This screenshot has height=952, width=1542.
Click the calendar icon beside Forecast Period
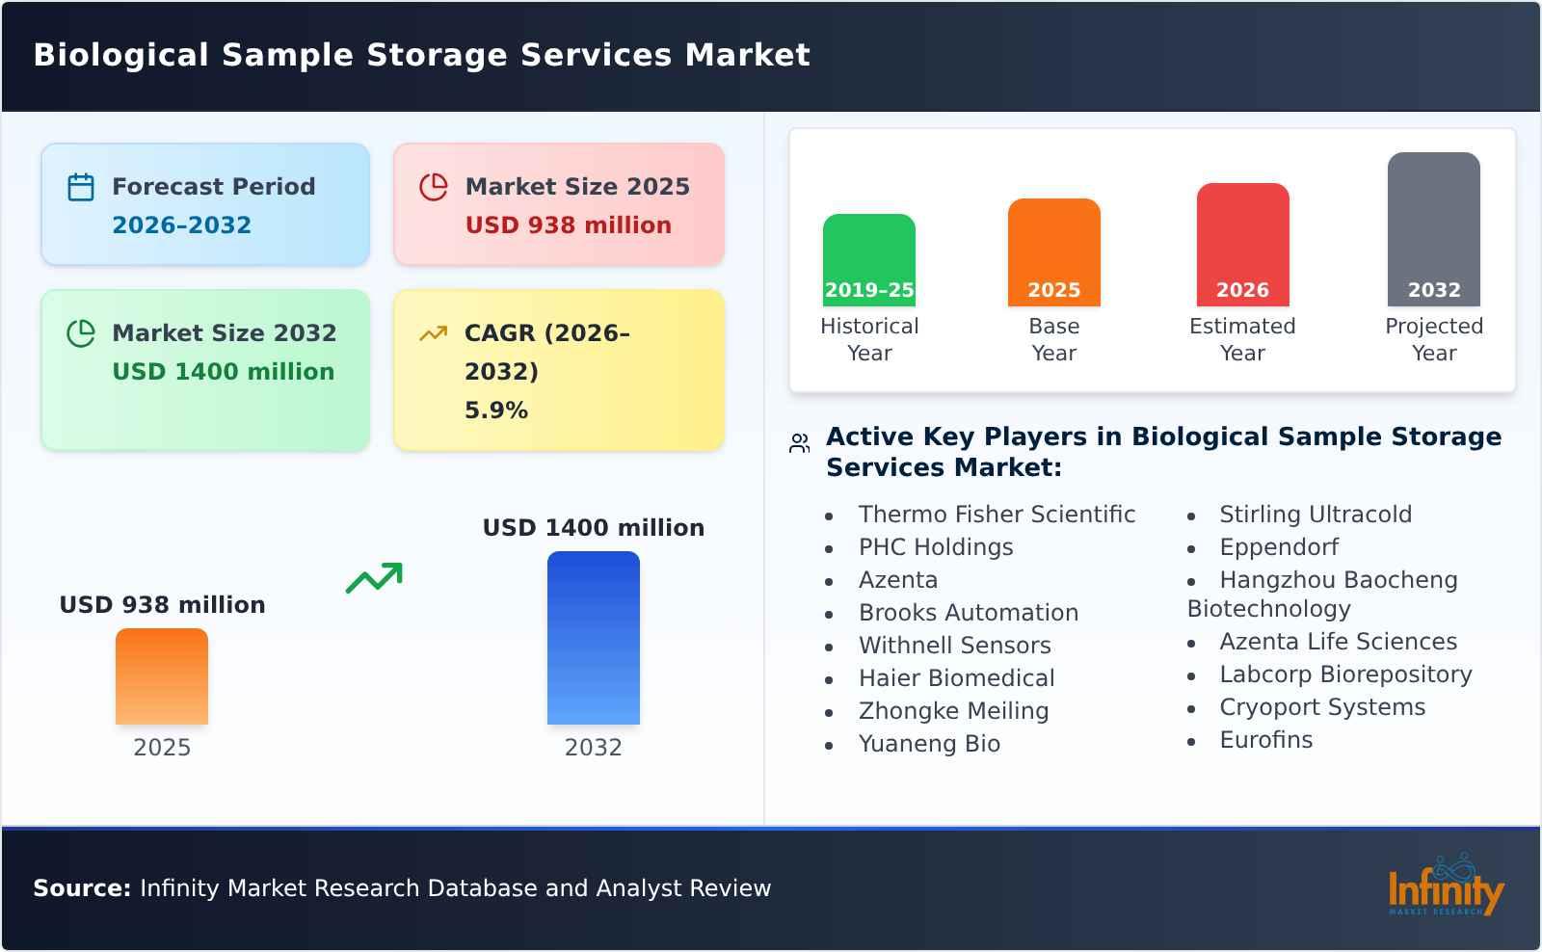[81, 187]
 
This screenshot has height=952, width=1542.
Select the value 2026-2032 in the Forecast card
[181, 225]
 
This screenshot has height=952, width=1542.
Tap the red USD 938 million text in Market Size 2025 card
[568, 225]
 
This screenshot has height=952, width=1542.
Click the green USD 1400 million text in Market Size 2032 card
[223, 372]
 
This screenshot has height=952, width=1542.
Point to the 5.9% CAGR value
[495, 410]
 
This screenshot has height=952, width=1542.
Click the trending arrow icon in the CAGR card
[433, 333]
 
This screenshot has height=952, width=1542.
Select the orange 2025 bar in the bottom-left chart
[162, 676]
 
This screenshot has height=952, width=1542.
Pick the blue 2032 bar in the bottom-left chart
[593, 638]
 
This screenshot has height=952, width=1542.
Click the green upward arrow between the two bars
[374, 578]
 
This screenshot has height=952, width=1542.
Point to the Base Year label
[1053, 339]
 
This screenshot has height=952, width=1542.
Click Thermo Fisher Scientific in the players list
[997, 515]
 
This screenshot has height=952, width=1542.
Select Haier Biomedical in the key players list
[956, 678]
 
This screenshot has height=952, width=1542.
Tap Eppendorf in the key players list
[1278, 547]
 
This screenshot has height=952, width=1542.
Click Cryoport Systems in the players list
[1321, 707]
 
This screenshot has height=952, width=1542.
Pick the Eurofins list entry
[1265, 740]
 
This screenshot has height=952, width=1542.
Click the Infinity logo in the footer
[1445, 886]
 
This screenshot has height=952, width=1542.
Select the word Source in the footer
[81, 888]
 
